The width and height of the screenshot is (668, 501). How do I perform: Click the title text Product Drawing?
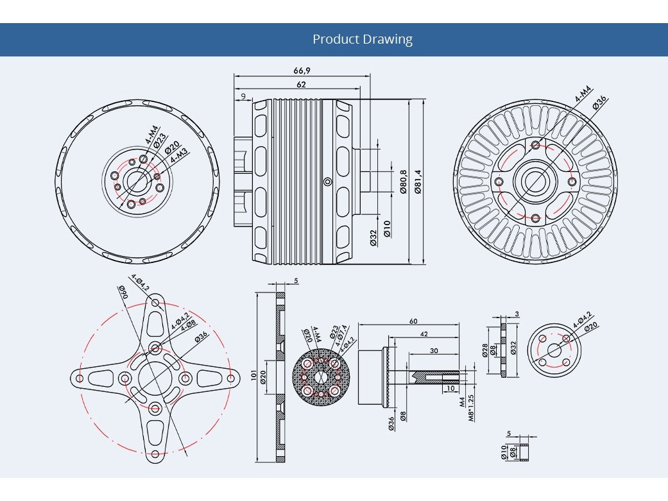[x=363, y=39]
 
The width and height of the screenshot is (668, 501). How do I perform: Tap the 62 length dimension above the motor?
[x=301, y=85]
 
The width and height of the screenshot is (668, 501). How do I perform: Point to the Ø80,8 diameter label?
[x=403, y=182]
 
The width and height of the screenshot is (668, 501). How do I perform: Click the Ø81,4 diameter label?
[x=418, y=182]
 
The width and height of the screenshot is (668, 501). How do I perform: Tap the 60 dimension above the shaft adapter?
[x=413, y=321]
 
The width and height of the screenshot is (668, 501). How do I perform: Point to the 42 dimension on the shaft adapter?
[x=424, y=335]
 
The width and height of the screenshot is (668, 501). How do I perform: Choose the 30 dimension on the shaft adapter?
[x=434, y=351]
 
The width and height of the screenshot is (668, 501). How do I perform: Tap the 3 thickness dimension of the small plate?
[x=517, y=314]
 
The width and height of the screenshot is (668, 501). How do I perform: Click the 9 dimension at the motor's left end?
[x=243, y=96]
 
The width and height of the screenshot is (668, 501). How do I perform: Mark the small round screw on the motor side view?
[x=328, y=182]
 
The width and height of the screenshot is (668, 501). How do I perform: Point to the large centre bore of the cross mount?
[x=155, y=378]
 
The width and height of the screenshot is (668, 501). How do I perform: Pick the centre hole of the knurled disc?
[x=320, y=377]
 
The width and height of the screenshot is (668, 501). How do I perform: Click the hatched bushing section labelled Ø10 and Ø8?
[x=522, y=451]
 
